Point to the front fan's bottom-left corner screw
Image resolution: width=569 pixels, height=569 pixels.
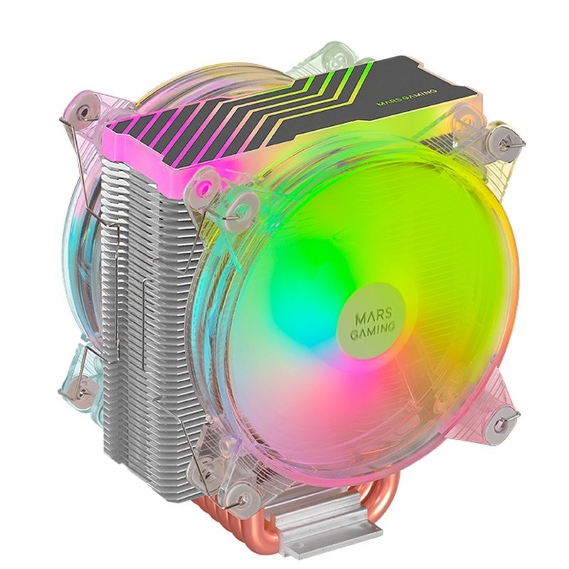(x=244, y=490)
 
